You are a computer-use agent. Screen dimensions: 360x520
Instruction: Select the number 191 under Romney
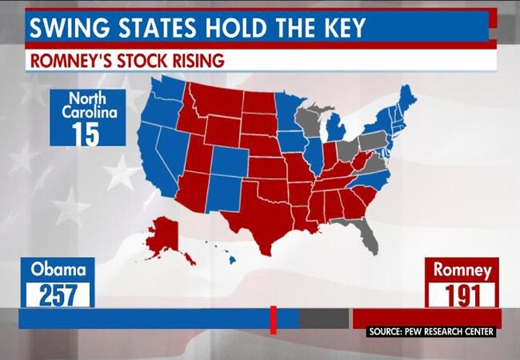[462, 295]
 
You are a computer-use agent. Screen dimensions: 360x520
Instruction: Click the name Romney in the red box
[462, 270]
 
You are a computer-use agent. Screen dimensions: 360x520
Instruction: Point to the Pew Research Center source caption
[432, 332]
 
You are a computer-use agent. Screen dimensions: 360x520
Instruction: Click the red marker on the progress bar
[273, 318]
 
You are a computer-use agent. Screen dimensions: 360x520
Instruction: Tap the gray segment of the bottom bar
[325, 318]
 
